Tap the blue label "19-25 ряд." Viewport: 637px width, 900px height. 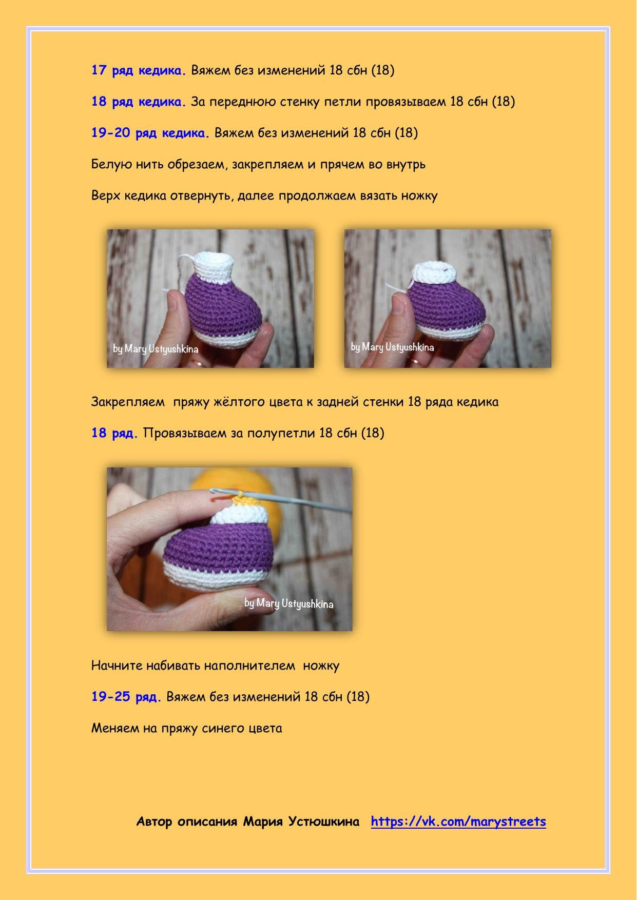pyautogui.click(x=126, y=696)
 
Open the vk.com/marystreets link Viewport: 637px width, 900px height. pyautogui.click(x=458, y=821)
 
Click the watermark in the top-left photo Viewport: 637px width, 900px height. pyautogui.click(x=156, y=349)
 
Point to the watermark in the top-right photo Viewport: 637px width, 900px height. pyautogui.click(x=392, y=347)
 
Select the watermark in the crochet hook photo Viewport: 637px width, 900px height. pyautogui.click(x=289, y=603)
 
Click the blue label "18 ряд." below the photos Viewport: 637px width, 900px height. pyautogui.click(x=115, y=433)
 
